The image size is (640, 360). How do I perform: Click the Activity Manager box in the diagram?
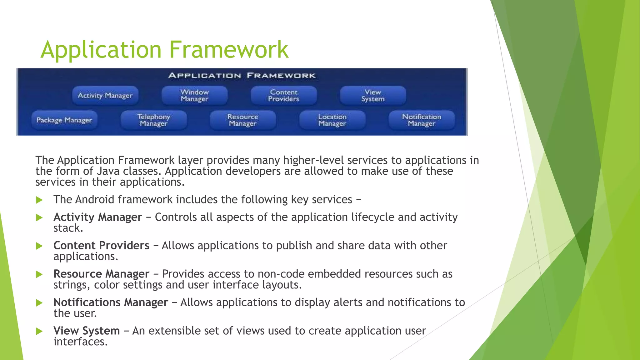pos(105,96)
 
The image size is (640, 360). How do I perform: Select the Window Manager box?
pos(194,96)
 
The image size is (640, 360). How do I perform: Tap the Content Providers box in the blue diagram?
pos(284,96)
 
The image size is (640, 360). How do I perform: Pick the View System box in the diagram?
pos(373,96)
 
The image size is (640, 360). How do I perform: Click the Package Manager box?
pos(64,120)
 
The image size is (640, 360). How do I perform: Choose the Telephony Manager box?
pos(154,120)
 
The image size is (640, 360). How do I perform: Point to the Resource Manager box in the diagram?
pos(243,120)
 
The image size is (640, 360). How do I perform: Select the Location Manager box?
pos(332,120)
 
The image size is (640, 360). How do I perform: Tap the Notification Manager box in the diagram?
pos(422,120)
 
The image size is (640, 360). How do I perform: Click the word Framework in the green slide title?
pos(229,50)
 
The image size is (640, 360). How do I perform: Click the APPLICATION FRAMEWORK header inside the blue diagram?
pos(242,76)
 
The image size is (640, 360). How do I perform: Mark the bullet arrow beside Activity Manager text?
pos(39,217)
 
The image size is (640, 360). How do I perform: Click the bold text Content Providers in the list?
pos(101,246)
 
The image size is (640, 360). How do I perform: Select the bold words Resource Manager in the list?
pos(101,274)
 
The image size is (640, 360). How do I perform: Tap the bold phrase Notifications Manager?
pos(111,302)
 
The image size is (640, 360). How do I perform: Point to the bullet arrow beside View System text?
pos(39,331)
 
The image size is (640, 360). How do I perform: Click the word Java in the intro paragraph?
pos(108,171)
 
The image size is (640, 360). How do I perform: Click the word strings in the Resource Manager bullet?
pos(71,285)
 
